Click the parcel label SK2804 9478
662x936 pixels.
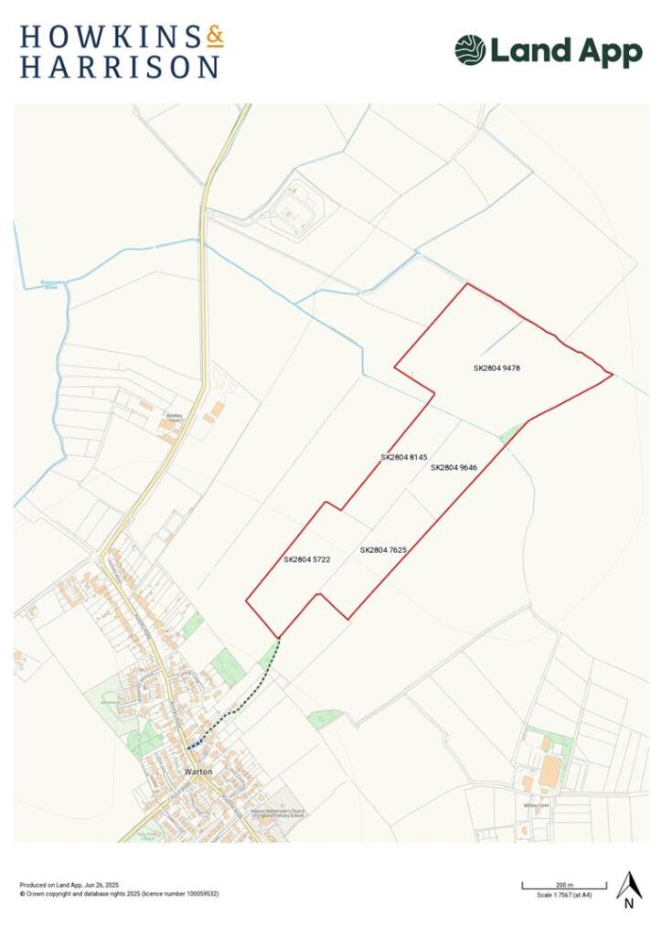[x=496, y=368]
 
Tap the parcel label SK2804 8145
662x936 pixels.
[x=404, y=456]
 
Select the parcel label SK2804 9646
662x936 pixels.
[x=454, y=467]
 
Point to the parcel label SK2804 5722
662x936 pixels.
[x=306, y=558]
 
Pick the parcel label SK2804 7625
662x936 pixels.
[x=383, y=550]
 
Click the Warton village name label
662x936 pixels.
[x=198, y=771]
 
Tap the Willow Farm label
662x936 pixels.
[x=538, y=805]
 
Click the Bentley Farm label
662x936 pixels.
[x=175, y=416]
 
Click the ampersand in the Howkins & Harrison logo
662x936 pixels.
[x=214, y=37]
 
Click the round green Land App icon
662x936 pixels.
[x=470, y=50]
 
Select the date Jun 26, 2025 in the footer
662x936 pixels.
[x=101, y=885]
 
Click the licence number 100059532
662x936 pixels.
[x=198, y=893]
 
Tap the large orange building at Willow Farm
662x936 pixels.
[x=550, y=770]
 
